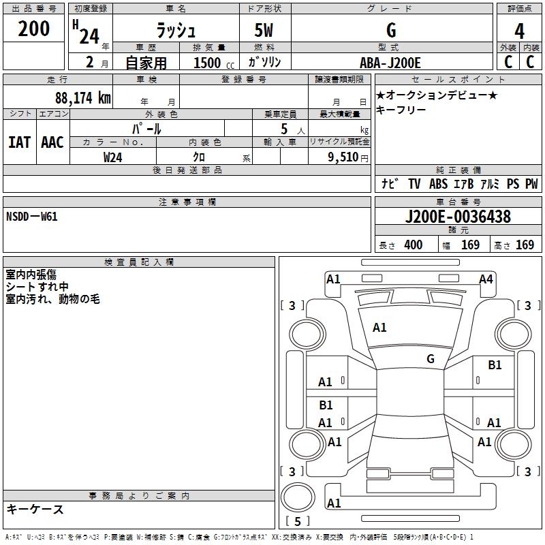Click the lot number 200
tap(35, 29)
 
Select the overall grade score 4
tap(519, 31)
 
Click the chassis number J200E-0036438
tap(457, 217)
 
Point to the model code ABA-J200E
tap(390, 63)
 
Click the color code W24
tap(113, 157)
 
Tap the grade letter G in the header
tap(390, 31)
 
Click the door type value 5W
tap(264, 31)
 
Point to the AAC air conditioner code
tap(52, 142)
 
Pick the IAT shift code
tap(19, 142)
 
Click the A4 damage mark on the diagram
tap(486, 279)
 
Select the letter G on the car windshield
tap(430, 359)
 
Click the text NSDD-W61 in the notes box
tap(32, 217)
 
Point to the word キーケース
tap(35, 509)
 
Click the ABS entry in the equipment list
tap(438, 184)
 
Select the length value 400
tap(413, 245)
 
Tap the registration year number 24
tap(89, 35)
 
